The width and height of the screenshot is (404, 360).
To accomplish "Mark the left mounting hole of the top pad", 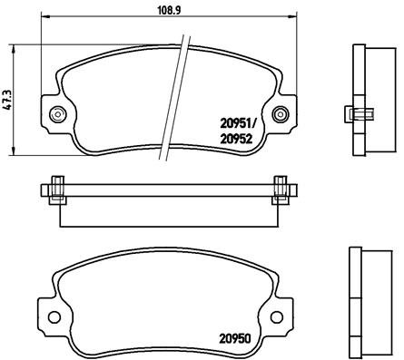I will point(59,114).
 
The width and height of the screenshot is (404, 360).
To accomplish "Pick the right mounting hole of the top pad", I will point(281,114).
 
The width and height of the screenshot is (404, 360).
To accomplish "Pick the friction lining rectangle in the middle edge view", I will point(168,210).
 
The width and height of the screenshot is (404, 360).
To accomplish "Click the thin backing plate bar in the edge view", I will point(168,190).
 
